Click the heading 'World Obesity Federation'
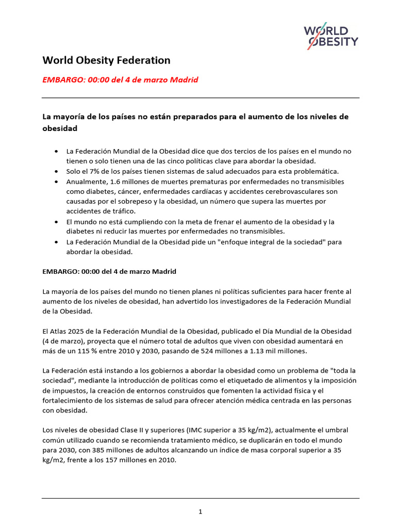(106, 60)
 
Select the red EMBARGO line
(120, 80)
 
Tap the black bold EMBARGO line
(109, 271)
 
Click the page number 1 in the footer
(200, 511)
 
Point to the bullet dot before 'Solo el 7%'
(56, 171)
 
